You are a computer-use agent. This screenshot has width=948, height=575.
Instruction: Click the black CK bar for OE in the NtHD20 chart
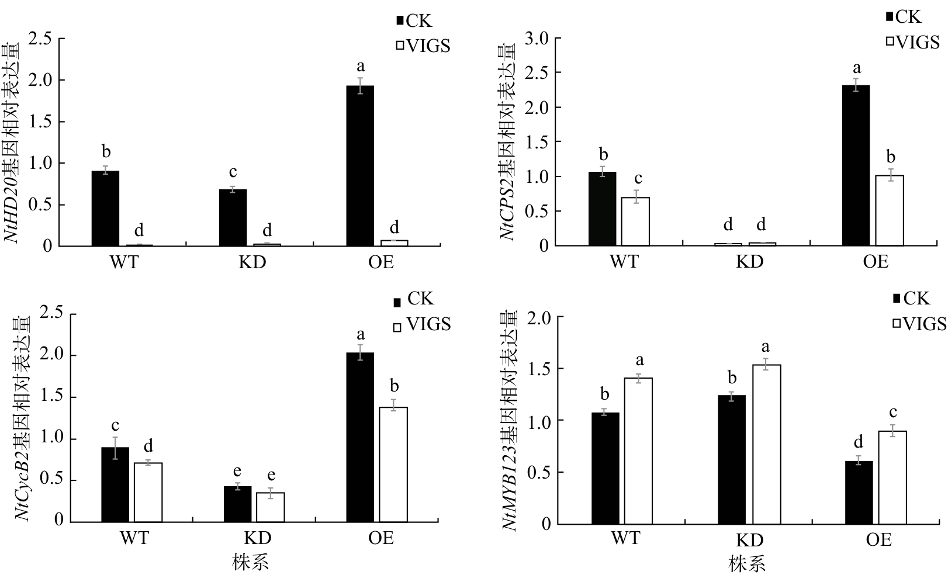360,166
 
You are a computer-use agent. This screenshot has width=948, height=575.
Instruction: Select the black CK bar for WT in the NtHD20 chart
105,209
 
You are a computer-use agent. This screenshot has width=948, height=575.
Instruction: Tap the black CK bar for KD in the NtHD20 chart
233,218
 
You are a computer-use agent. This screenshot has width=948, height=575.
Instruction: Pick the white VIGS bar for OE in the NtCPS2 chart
889,210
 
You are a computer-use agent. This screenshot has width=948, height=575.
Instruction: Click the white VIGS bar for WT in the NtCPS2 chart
635,221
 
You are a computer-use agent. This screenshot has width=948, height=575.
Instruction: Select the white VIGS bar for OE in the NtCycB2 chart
393,465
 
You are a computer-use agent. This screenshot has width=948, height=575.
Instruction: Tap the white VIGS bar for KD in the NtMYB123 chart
766,444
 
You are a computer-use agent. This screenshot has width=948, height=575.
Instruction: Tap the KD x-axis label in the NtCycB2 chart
258,538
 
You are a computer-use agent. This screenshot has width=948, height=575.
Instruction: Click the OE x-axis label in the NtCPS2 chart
875,261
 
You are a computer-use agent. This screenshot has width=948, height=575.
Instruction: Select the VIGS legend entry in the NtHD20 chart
424,46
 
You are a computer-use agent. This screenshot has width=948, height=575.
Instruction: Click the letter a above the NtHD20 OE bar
361,66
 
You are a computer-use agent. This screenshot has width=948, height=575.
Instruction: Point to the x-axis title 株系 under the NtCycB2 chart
250,563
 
